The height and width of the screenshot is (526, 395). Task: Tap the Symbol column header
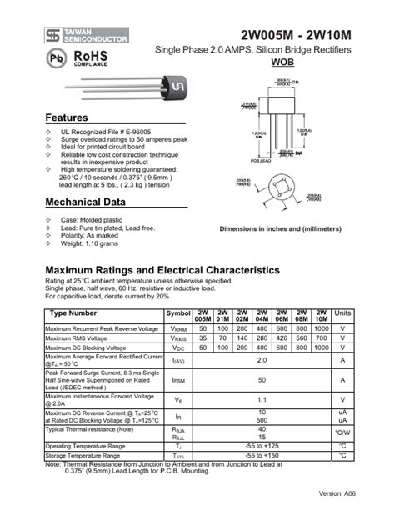pyautogui.click(x=178, y=313)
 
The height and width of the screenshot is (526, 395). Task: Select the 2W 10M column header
pyautogui.click(x=321, y=316)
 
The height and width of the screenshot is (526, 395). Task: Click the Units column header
pyautogui.click(x=342, y=313)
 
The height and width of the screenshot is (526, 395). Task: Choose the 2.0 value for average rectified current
pyautogui.click(x=262, y=360)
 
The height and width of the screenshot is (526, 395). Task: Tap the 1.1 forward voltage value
pyautogui.click(x=262, y=399)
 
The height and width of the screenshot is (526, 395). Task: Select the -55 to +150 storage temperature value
pyautogui.click(x=262, y=456)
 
